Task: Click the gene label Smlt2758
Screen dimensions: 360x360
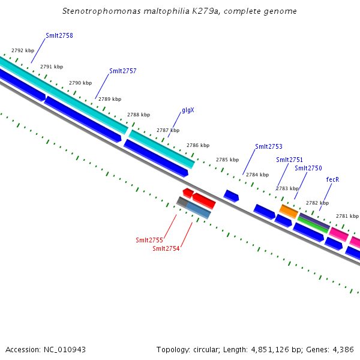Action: [59, 36]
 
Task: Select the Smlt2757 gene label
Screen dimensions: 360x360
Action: [122, 71]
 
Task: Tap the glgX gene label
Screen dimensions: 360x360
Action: [188, 110]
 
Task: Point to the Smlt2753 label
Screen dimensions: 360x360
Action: [268, 146]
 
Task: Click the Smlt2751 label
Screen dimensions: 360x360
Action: [289, 160]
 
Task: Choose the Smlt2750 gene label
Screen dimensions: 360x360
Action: [308, 169]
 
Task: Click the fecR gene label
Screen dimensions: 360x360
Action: [332, 179]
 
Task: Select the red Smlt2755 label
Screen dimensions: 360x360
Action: [149, 240]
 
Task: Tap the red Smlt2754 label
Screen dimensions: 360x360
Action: [166, 248]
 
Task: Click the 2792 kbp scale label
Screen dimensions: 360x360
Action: [22, 51]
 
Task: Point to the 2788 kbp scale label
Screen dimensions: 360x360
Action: [139, 115]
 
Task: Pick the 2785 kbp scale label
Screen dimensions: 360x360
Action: [227, 160]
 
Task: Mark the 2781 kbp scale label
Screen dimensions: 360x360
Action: [347, 216]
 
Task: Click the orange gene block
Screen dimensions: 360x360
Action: [289, 211]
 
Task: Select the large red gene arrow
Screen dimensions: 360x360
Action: [204, 200]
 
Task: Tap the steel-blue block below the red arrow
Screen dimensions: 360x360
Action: [199, 210]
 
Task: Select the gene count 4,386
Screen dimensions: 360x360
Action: [342, 349]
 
